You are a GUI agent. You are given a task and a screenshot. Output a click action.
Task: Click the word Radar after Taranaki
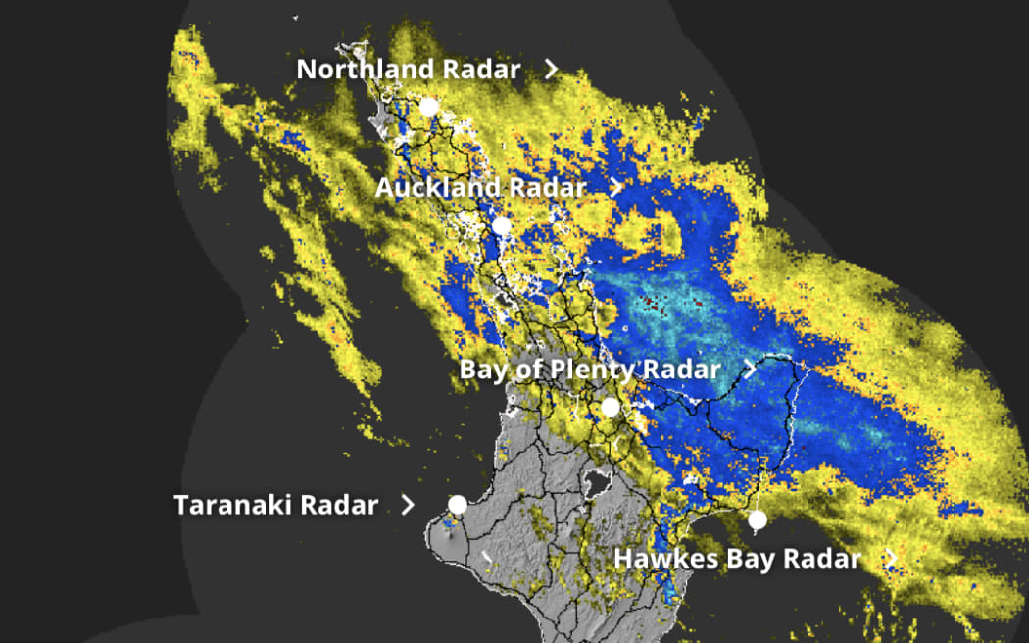pyautogui.click(x=339, y=505)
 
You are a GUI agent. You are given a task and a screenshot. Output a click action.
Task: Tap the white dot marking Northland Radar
pyautogui.click(x=428, y=107)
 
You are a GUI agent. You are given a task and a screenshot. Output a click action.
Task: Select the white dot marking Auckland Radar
pyautogui.click(x=502, y=226)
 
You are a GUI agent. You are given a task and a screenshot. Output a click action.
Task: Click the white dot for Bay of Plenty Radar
pyautogui.click(x=611, y=407)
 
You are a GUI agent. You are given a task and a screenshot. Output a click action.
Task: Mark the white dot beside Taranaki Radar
pyautogui.click(x=458, y=505)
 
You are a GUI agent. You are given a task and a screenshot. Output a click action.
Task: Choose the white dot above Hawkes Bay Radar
pyautogui.click(x=757, y=519)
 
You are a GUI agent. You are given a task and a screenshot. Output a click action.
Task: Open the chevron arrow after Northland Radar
pyautogui.click(x=552, y=69)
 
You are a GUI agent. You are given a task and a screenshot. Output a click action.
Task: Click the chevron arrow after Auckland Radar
pyautogui.click(x=615, y=187)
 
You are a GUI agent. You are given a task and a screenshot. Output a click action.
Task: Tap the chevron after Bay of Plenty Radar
pyautogui.click(x=750, y=370)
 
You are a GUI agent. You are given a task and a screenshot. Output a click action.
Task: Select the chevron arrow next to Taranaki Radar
pyautogui.click(x=408, y=505)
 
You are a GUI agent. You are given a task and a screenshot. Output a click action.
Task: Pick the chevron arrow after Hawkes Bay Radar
pyautogui.click(x=890, y=558)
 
